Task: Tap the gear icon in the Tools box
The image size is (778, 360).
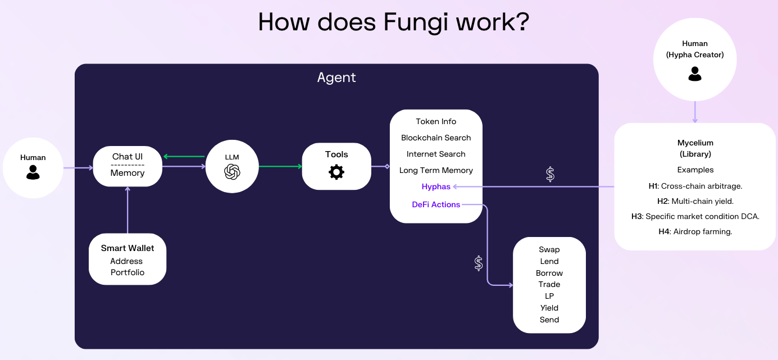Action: pos(336,172)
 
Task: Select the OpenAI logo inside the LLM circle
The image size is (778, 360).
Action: pos(232,172)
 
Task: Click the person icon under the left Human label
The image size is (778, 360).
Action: pos(33,172)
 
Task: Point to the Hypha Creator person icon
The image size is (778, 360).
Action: pos(695,74)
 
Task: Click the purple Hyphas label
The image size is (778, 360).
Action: pos(436,186)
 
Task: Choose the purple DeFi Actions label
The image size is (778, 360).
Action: pos(436,204)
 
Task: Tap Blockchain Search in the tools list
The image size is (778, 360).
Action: pos(436,138)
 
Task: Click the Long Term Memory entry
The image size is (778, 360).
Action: pos(436,170)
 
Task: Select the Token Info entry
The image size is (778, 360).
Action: pos(436,121)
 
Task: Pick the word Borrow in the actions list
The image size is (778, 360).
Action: pos(549,273)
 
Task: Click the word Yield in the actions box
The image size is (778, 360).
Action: pos(549,308)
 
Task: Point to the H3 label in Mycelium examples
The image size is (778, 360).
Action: pos(637,216)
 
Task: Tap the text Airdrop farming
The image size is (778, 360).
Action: pos(703,231)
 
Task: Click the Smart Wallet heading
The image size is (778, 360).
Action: pos(128,248)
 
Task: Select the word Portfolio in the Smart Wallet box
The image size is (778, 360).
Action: pos(128,272)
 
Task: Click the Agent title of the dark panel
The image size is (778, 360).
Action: pos(336,78)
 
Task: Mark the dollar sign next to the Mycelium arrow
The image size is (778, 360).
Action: pos(550,174)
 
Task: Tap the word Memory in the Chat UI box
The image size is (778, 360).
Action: pos(128,173)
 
